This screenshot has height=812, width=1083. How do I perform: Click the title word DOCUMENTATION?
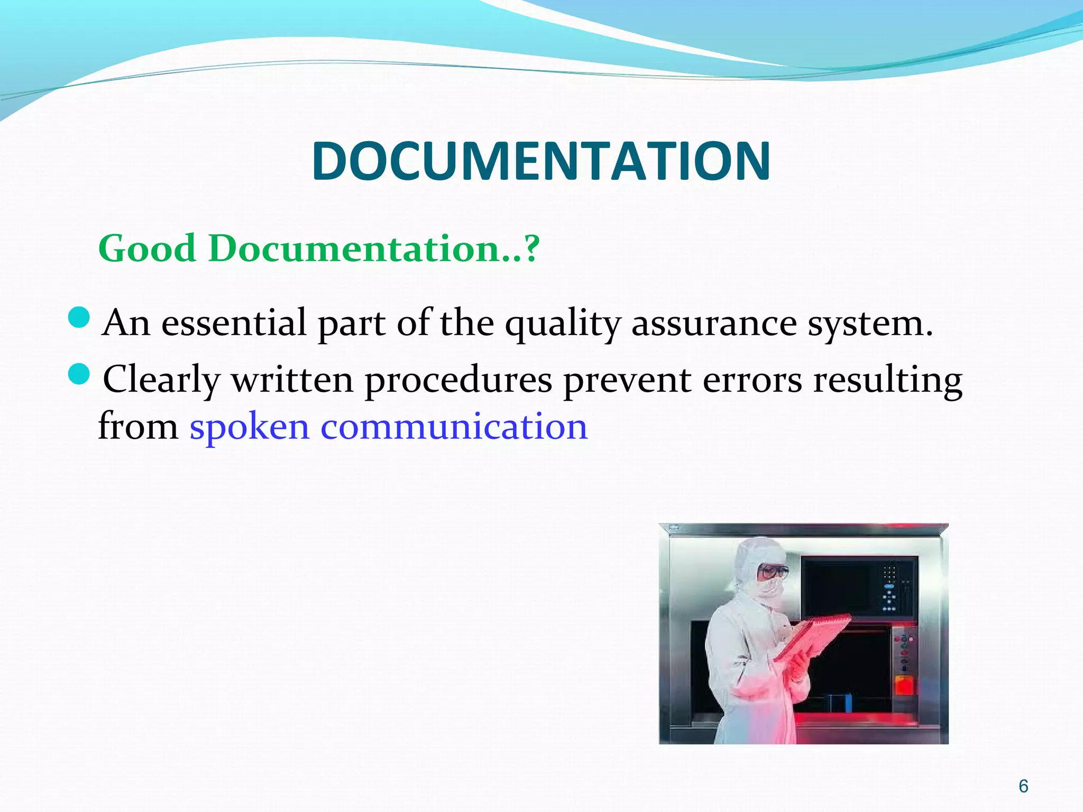click(541, 161)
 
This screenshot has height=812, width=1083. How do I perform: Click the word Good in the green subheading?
click(146, 248)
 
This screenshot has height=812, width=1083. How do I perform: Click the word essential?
click(233, 323)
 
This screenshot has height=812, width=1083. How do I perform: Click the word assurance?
click(714, 324)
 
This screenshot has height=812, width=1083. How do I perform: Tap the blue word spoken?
click(249, 427)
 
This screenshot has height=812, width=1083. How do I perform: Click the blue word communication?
click(454, 427)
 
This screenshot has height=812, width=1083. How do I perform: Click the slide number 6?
click(1023, 786)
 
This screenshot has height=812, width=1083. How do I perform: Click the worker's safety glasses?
click(773, 571)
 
